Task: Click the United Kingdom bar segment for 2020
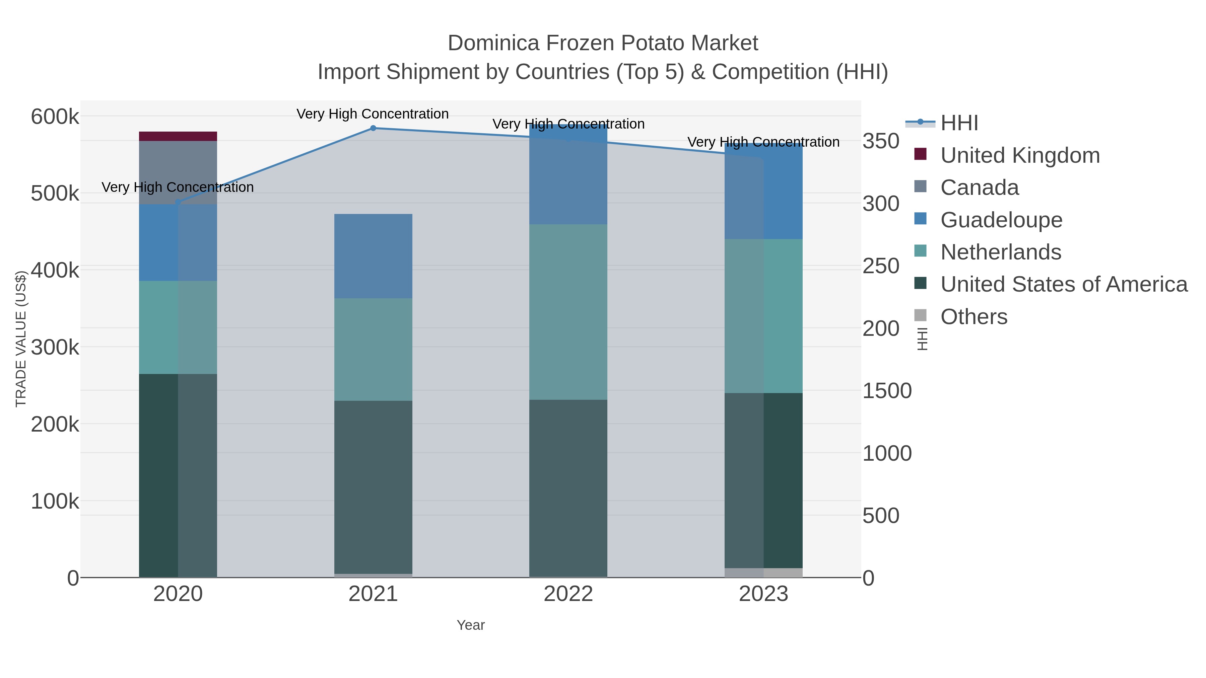click(x=178, y=136)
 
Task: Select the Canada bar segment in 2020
click(x=178, y=172)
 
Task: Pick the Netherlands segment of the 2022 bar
click(x=568, y=312)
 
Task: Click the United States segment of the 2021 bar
click(x=373, y=486)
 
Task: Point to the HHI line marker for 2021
click(x=373, y=128)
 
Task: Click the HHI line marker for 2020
click(x=178, y=202)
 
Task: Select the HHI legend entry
click(x=959, y=123)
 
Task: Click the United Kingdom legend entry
click(x=1020, y=155)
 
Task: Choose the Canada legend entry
click(x=980, y=187)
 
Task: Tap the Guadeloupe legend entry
click(x=1001, y=220)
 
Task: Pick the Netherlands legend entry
click(x=1000, y=252)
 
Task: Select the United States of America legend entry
click(x=1064, y=285)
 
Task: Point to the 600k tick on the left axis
click(x=55, y=117)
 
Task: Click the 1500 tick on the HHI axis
click(x=887, y=391)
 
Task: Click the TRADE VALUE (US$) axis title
click(x=21, y=339)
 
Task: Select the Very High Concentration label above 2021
click(x=373, y=114)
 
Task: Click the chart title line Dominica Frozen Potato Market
click(x=603, y=43)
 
